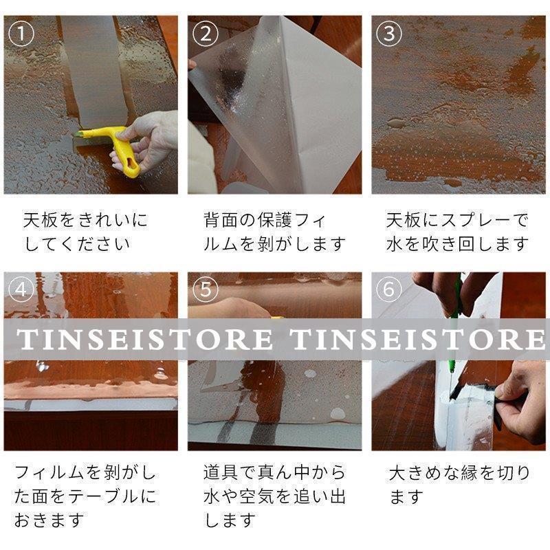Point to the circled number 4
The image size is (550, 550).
(x=23, y=290)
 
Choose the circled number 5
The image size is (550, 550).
(x=206, y=290)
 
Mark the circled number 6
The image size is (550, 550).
(x=389, y=290)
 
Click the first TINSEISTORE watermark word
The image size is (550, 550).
(x=144, y=339)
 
